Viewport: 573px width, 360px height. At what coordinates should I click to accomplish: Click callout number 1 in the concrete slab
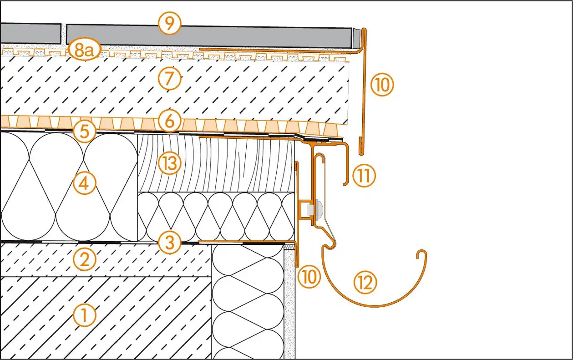(85, 314)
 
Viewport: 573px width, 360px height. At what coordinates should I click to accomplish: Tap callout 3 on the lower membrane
(169, 242)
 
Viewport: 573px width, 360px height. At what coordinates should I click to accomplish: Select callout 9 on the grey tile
(169, 23)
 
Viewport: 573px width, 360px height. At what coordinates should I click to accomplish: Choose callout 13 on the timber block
(169, 163)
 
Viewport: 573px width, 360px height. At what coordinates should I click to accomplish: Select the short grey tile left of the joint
(30, 34)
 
